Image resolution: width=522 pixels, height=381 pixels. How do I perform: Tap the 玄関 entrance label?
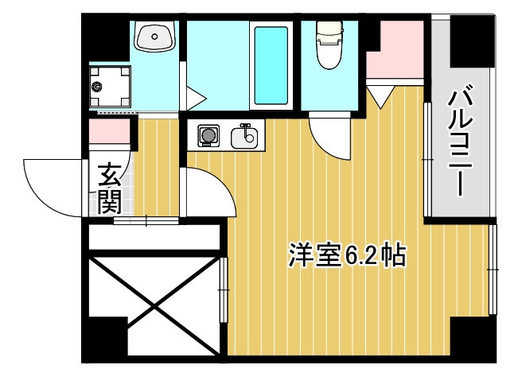[109, 189]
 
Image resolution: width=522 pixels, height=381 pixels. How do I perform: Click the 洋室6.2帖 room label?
[347, 255]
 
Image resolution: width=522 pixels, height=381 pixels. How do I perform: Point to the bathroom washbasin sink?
[154, 37]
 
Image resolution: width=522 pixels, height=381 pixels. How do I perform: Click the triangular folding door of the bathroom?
[195, 99]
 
